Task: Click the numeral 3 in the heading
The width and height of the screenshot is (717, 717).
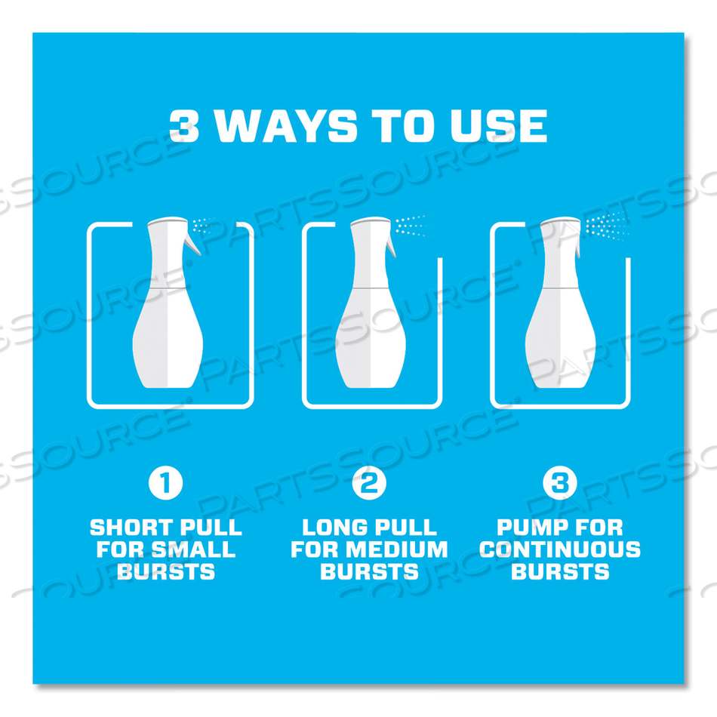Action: pyautogui.click(x=184, y=126)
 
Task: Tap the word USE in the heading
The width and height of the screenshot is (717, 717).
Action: pyautogui.click(x=498, y=126)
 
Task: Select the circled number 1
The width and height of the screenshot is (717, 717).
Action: pyautogui.click(x=165, y=483)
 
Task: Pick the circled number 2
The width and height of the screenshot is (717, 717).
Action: pyautogui.click(x=369, y=483)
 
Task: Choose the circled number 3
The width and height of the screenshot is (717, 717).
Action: pyautogui.click(x=560, y=483)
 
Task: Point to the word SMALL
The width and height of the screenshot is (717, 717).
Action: pyautogui.click(x=193, y=549)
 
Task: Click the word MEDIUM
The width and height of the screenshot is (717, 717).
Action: pyautogui.click(x=396, y=549)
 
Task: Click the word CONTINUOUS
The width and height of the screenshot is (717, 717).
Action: pyautogui.click(x=560, y=549)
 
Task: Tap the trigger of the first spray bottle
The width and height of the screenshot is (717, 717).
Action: pyautogui.click(x=192, y=242)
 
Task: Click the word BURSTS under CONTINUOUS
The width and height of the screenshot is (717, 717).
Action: pyautogui.click(x=560, y=571)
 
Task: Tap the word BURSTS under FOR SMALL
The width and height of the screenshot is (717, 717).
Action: pyautogui.click(x=166, y=571)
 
